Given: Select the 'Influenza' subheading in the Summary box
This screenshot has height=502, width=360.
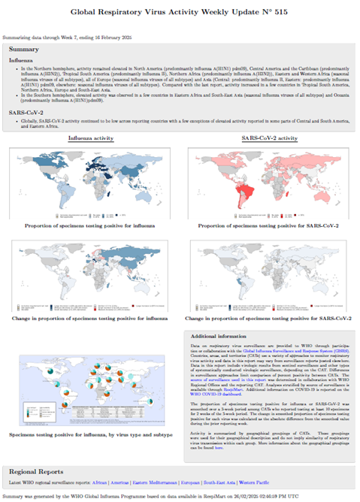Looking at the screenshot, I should pyautogui.click(x=21, y=59).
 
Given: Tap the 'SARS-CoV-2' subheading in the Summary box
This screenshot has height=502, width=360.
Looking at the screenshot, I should pyautogui.click(x=26, y=111).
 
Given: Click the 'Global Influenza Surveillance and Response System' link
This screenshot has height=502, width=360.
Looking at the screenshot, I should pyautogui.click(x=282, y=350).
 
